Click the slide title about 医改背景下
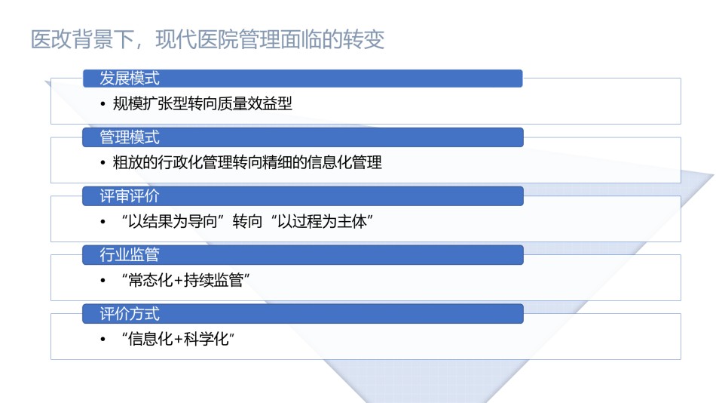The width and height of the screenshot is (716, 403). (207, 39)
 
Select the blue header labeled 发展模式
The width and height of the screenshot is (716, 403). (303, 78)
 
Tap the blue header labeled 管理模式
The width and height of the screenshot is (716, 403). (303, 137)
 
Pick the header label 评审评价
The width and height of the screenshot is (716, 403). (130, 195)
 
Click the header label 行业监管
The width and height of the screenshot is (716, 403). (130, 254)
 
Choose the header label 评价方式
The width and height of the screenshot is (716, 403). (130, 314)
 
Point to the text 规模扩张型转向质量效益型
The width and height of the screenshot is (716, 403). (202, 104)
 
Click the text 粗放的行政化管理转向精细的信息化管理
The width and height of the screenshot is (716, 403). (247, 162)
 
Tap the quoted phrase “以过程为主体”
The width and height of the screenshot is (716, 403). (322, 221)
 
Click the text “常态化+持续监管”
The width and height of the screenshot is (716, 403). (185, 280)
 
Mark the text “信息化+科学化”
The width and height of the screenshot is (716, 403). (178, 339)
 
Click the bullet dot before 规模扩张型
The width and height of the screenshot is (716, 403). (103, 104)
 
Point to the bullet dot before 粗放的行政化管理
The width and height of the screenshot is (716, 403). (103, 163)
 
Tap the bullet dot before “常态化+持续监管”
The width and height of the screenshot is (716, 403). (103, 281)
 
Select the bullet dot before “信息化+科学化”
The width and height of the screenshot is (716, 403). (103, 340)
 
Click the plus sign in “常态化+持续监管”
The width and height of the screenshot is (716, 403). (178, 281)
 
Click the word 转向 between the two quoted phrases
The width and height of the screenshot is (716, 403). (247, 221)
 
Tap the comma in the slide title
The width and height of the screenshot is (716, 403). (139, 45)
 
